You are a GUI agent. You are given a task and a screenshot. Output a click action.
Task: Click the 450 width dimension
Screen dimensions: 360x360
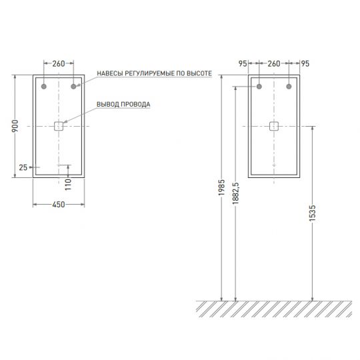[58, 205]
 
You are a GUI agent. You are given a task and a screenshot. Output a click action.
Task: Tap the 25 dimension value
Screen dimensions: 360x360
[23, 167]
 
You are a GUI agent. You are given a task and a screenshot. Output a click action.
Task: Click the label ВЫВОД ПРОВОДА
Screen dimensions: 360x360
[123, 104]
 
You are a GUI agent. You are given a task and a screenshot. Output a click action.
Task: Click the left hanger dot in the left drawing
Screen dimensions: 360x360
[44, 87]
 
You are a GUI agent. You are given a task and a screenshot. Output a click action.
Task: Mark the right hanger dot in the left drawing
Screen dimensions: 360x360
[73, 87]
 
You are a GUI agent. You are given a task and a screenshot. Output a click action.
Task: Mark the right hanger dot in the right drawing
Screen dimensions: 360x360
[289, 87]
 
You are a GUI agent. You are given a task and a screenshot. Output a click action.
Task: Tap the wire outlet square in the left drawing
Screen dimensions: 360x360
[59, 125]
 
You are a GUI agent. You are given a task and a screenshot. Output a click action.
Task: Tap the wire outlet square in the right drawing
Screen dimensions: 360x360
[274, 125]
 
